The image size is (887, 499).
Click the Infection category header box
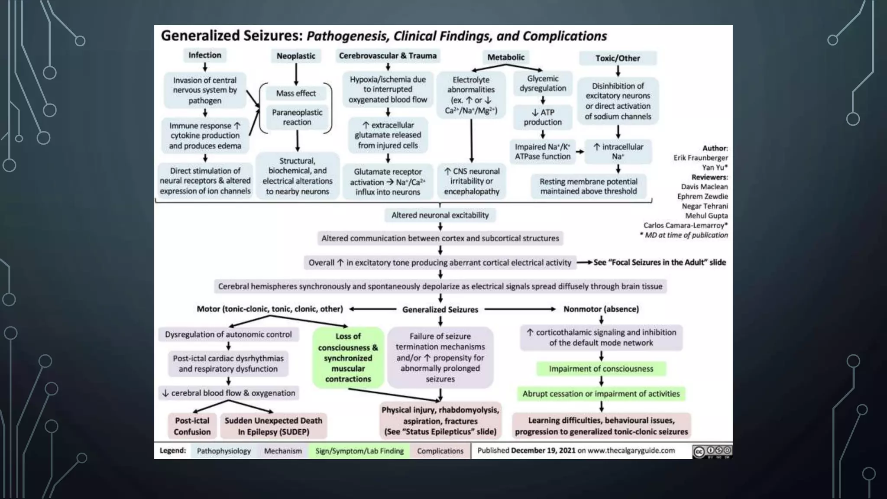point(204,55)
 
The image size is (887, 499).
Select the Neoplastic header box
point(296,56)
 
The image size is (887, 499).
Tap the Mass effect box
point(296,93)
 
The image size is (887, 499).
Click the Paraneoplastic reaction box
point(297,117)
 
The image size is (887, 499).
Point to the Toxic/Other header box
point(618,58)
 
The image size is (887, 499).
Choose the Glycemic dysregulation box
point(543,83)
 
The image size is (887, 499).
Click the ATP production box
point(543,117)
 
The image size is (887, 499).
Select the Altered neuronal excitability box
point(440,215)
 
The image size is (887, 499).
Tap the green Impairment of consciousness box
point(601,369)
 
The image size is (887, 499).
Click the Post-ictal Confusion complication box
point(192,426)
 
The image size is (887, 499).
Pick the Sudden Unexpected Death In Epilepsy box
point(273,426)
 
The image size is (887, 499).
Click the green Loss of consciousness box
point(348,357)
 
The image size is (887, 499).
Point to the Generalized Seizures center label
point(440,310)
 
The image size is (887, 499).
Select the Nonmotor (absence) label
point(601,309)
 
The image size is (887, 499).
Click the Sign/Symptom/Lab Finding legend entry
point(359,451)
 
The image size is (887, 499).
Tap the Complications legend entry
point(440,451)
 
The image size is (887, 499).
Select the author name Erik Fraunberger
point(700,158)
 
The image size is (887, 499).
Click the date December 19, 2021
point(543,450)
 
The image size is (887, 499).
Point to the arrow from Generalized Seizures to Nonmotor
point(520,309)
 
